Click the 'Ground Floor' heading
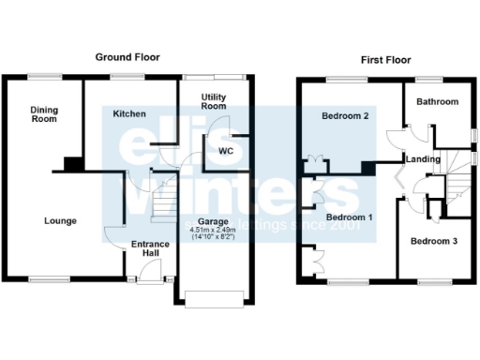click(127, 57)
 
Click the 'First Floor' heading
click(386, 58)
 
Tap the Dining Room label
click(43, 113)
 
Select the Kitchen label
click(129, 113)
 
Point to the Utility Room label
click(214, 101)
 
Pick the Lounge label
click(60, 221)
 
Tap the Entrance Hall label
click(149, 248)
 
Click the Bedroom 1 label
click(349, 217)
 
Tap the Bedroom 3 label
click(434, 241)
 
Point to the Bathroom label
click(437, 101)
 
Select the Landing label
click(423, 159)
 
